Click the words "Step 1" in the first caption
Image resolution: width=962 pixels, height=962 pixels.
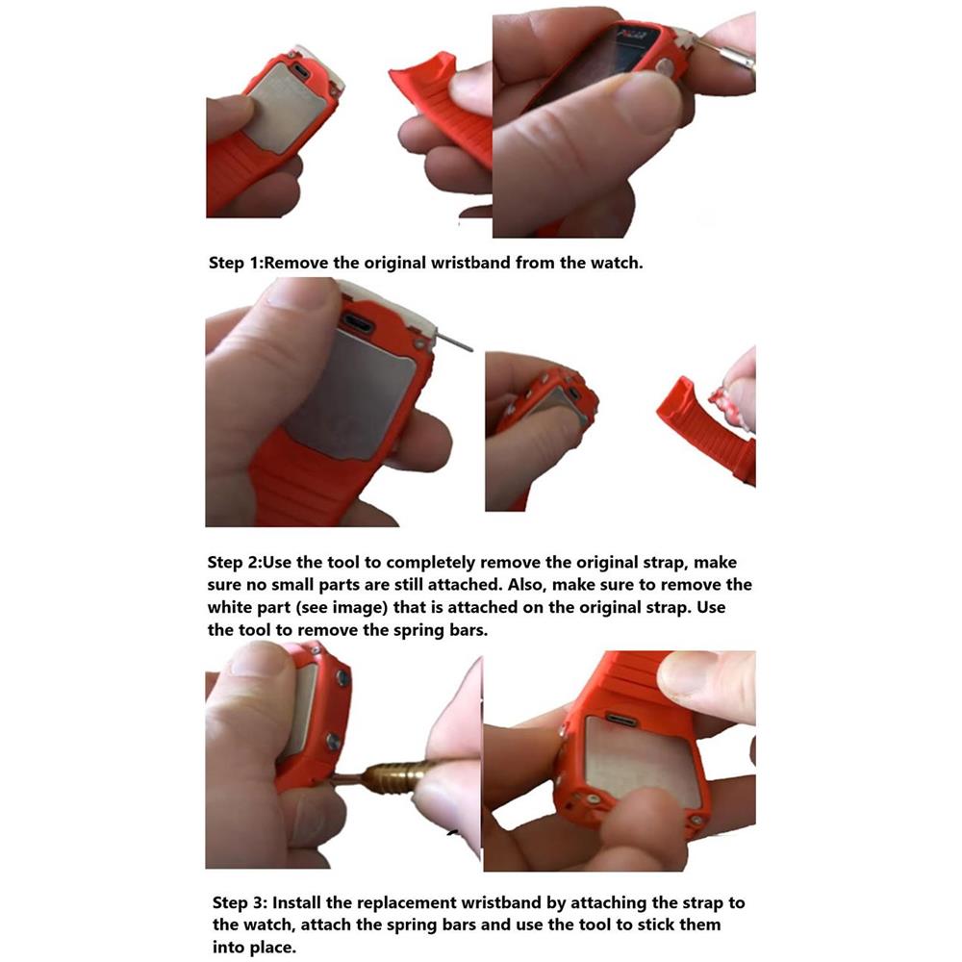tap(235, 264)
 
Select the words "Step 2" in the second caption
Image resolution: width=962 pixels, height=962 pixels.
tap(235, 563)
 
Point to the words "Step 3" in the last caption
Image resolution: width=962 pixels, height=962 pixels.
tap(240, 903)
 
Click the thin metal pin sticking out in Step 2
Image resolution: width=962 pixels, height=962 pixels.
tap(453, 340)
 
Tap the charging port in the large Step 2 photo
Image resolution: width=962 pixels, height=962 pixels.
tap(357, 322)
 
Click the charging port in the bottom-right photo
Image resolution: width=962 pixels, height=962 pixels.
tap(620, 720)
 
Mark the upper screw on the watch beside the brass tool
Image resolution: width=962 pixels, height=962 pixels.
tap(342, 677)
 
